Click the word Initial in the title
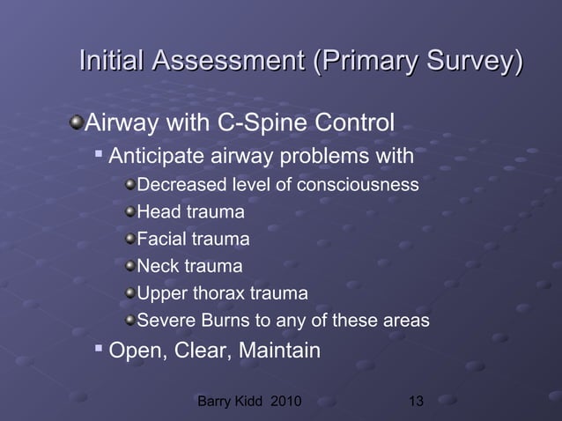coord(112,63)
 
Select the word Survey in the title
coord(464,63)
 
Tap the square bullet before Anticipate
coord(98,158)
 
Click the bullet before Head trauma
coord(130,212)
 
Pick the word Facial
coord(160,239)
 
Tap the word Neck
coord(157,265)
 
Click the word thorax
coord(218,292)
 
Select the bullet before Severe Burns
coord(130,320)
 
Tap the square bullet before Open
coord(98,350)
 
